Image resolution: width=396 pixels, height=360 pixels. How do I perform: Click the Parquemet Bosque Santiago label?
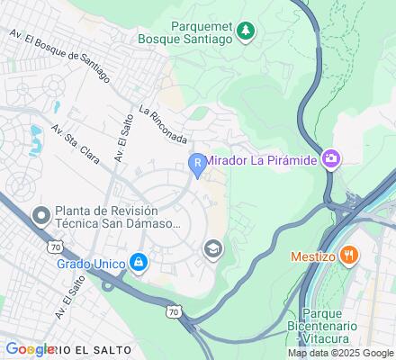pyautogui.click(x=188, y=33)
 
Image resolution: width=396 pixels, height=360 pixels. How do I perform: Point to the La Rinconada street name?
pyautogui.click(x=163, y=125)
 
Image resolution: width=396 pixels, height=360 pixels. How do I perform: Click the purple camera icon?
pyautogui.click(x=330, y=159)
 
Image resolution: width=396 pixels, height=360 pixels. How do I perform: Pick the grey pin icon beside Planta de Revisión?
pyautogui.click(x=40, y=216)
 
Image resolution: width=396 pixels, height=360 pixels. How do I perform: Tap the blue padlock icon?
pyautogui.click(x=138, y=263)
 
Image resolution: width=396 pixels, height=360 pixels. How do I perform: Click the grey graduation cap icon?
pyautogui.click(x=213, y=248)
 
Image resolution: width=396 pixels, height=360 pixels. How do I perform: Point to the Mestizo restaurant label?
pyautogui.click(x=313, y=256)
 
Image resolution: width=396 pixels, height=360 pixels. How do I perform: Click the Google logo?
pyautogui.click(x=29, y=349)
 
